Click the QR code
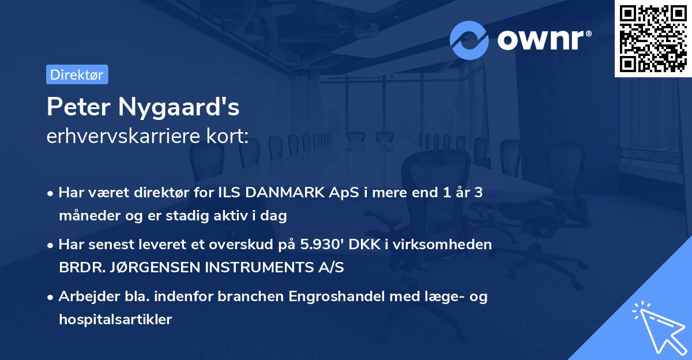coord(653,39)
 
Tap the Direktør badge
coord(77,74)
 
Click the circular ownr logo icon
coord(469,40)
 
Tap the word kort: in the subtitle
coord(232,137)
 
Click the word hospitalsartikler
coord(115,320)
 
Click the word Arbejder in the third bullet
coord(84,297)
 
